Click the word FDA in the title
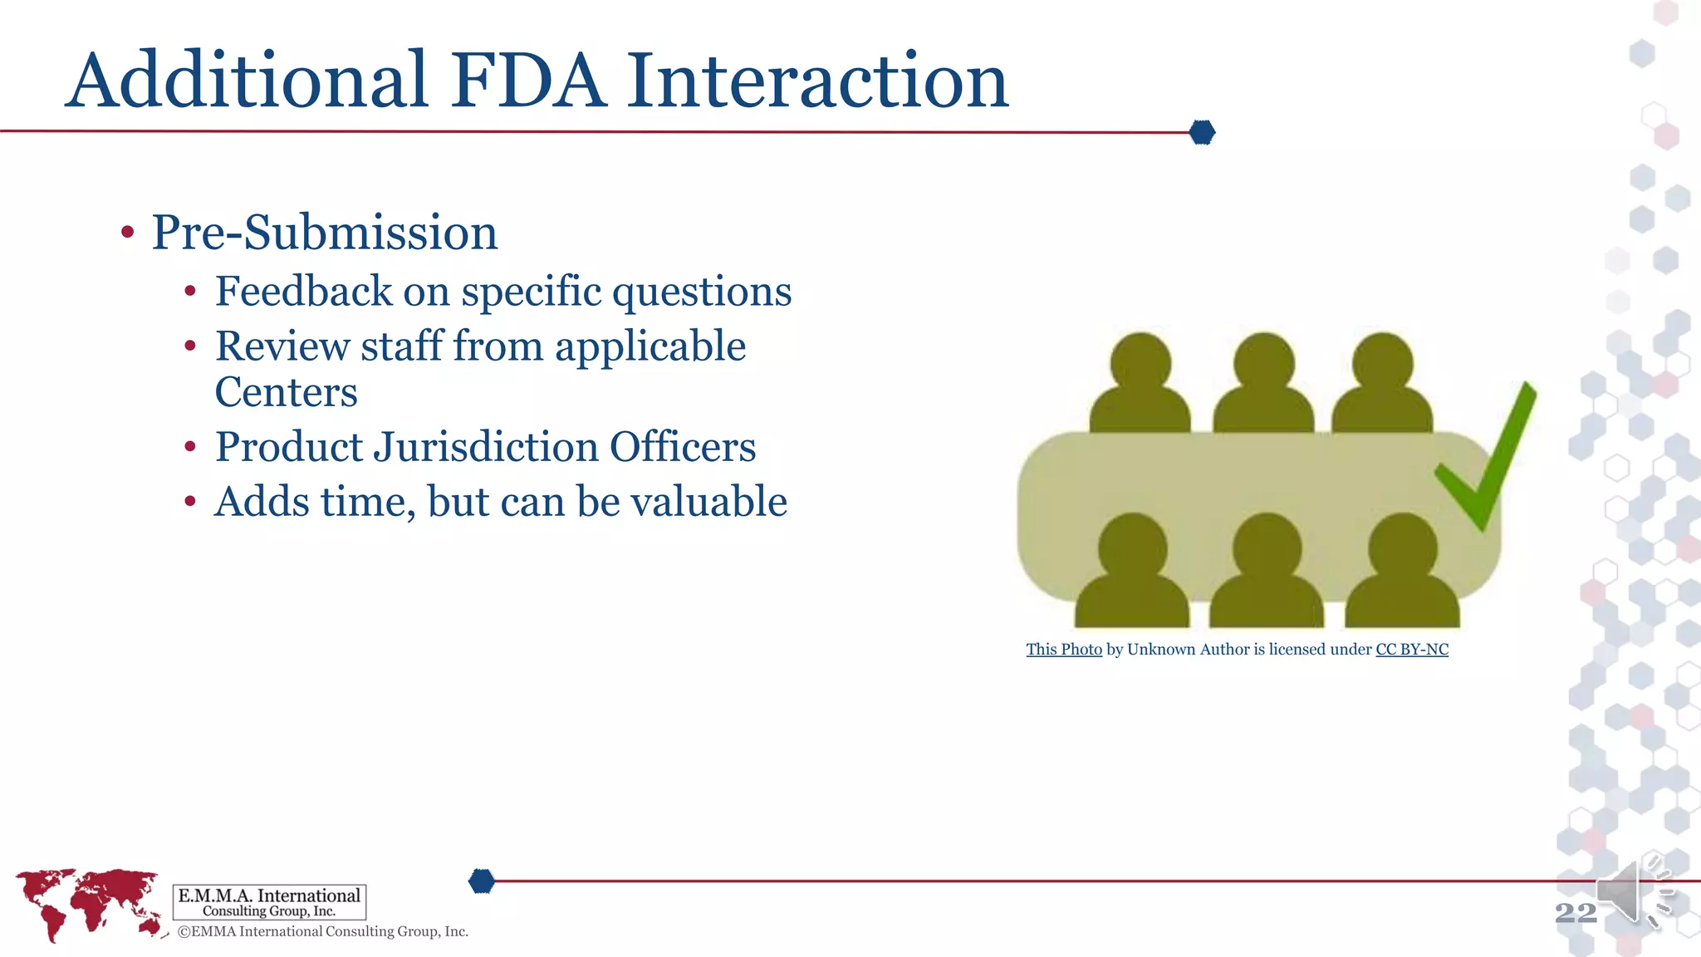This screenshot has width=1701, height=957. point(528,81)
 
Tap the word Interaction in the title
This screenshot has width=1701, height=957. point(817,81)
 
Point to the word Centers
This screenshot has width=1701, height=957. point(286,392)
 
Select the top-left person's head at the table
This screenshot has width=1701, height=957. point(1140,362)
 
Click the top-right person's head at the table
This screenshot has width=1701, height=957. point(1382,362)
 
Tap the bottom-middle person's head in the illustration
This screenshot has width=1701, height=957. point(1267,545)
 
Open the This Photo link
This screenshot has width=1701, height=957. point(1064,650)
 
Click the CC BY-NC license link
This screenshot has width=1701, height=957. point(1412,650)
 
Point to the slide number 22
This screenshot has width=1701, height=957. point(1576,913)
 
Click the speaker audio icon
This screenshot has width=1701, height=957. point(1632,893)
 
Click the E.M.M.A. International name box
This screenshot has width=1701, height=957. point(269,902)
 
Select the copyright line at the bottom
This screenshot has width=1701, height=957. point(323,932)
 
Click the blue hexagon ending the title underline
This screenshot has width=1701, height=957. point(1202,132)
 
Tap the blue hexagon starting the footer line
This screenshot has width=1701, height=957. point(482,881)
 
